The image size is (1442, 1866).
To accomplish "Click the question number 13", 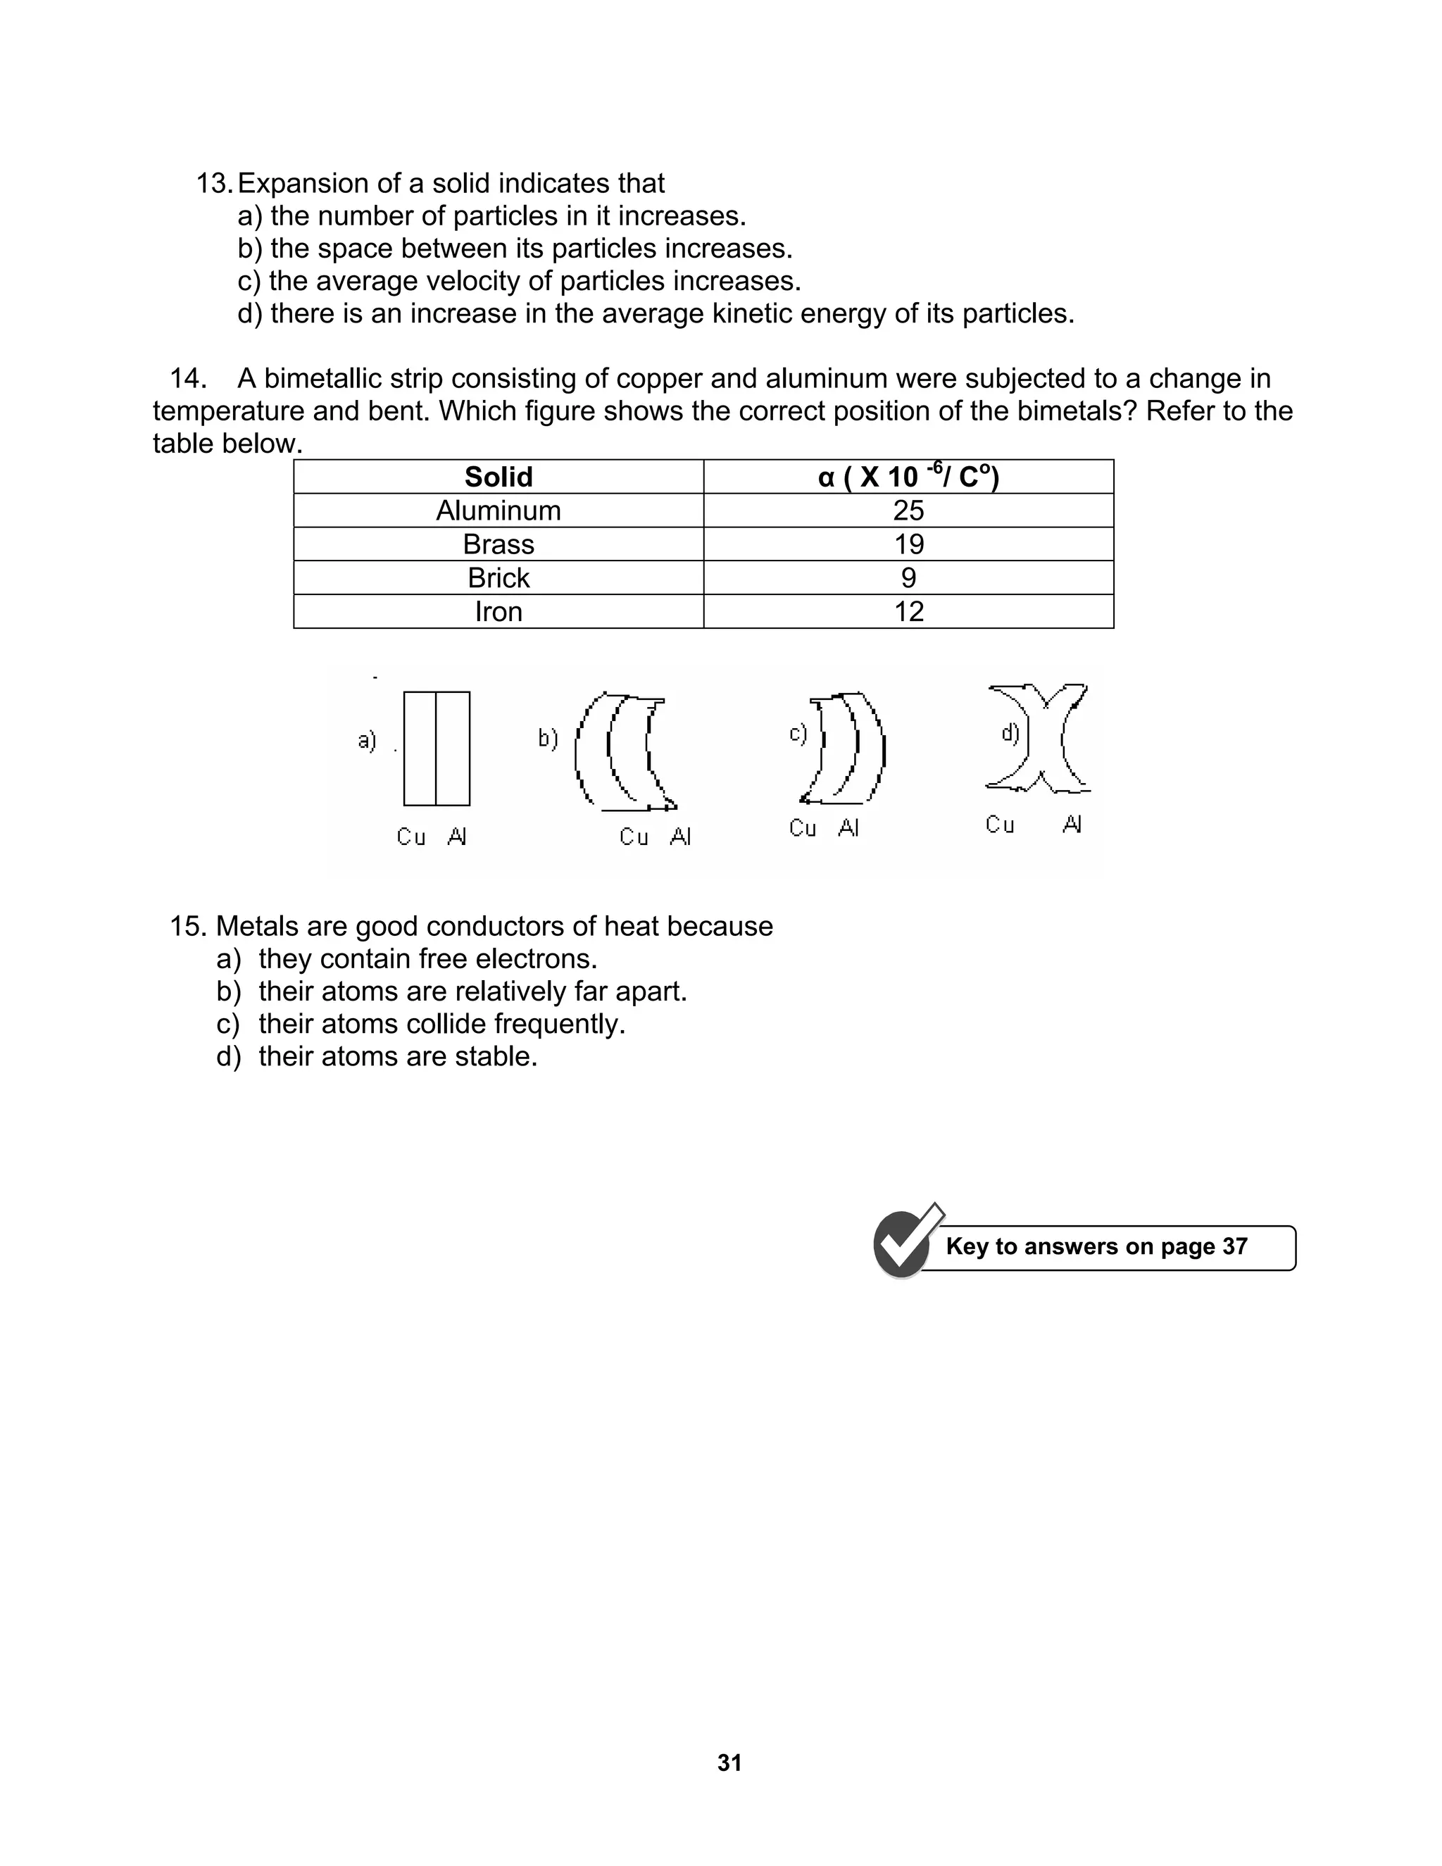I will click(x=213, y=184).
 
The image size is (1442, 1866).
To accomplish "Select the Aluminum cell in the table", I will click(x=498, y=511).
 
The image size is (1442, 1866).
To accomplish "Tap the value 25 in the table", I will click(x=908, y=511).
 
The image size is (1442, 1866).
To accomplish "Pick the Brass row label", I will click(x=498, y=544).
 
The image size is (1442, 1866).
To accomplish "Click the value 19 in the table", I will click(x=908, y=544).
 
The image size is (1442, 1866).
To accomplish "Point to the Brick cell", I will click(x=498, y=578).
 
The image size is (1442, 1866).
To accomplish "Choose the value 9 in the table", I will click(x=908, y=578).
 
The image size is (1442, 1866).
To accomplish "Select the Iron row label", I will click(x=498, y=612).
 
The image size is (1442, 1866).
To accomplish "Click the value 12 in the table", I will click(x=908, y=612).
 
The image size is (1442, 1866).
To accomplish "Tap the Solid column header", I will click(x=498, y=477).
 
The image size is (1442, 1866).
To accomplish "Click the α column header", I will click(x=908, y=477).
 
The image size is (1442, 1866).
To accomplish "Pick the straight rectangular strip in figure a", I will click(x=437, y=749).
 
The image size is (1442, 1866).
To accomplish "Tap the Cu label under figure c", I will click(x=802, y=828).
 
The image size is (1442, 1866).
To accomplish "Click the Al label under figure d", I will click(x=1072, y=825).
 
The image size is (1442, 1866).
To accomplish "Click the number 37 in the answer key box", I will click(x=1234, y=1246).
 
